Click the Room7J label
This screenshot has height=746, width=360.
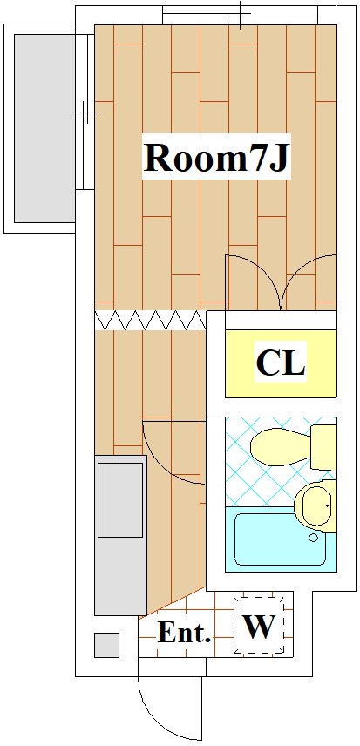216,159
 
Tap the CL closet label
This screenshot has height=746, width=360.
280,364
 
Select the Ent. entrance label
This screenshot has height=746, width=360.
184,633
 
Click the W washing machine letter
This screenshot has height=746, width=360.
260,627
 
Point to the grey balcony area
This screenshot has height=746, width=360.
44,128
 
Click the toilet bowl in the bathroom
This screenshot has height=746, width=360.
281,446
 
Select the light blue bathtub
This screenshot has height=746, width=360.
281,539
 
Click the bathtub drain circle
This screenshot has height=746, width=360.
314,538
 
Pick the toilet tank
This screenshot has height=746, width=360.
324,447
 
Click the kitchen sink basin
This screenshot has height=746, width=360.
120,500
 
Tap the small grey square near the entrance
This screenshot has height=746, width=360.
106,645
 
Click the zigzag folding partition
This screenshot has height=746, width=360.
150,320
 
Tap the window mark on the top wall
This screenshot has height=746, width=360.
241,15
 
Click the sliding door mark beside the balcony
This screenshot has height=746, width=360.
85,112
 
